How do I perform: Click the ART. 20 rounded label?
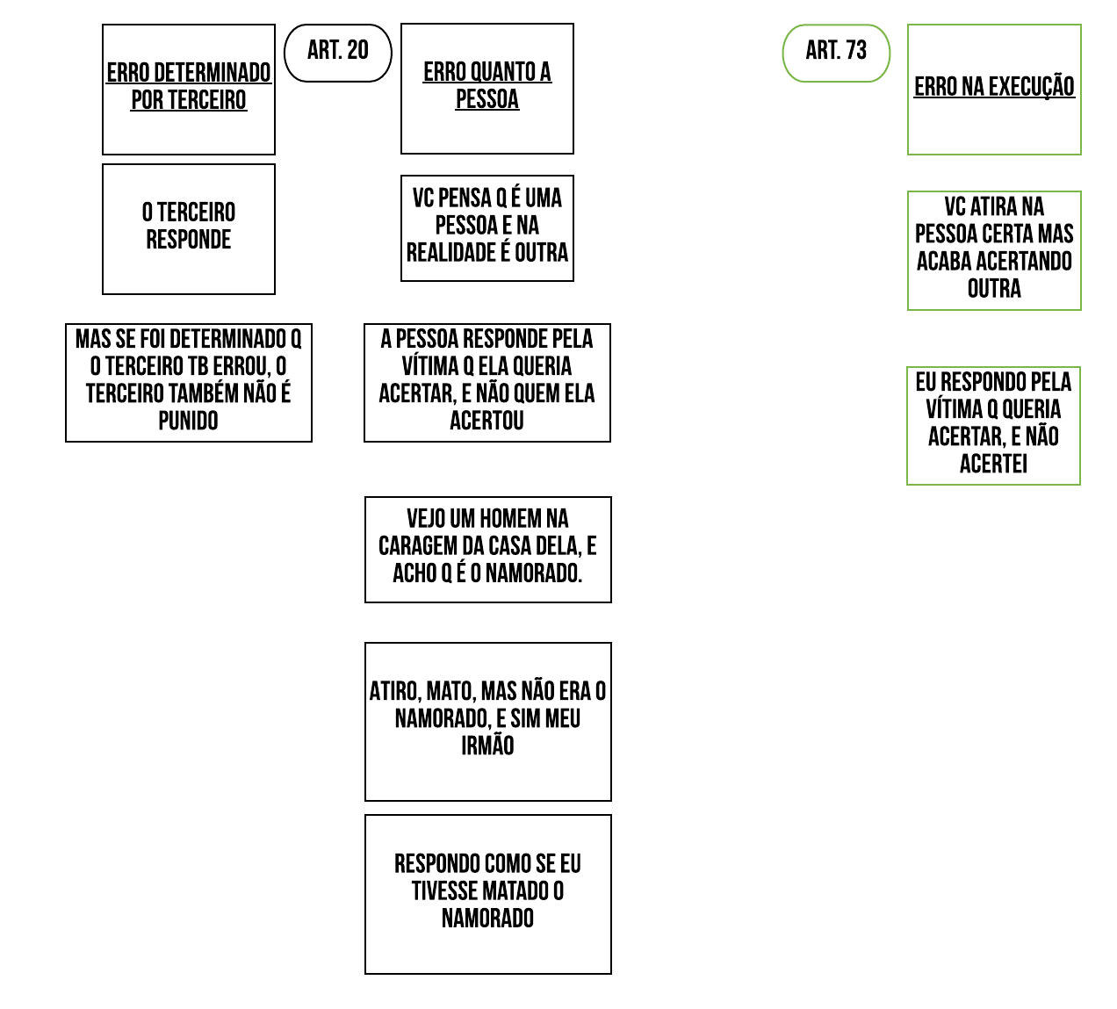coord(338,53)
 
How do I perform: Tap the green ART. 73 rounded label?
coord(836,53)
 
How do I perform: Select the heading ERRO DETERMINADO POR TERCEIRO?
coord(189,86)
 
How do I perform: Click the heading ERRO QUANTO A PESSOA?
coord(487,85)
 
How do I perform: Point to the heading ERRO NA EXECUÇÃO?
coord(994,87)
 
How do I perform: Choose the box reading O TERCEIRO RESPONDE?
coord(189,227)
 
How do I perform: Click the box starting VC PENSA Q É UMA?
coord(487,227)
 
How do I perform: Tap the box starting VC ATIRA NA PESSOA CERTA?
coord(994,249)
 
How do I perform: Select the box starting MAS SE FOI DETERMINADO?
coord(189,381)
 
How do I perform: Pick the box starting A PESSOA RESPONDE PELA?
coord(487,381)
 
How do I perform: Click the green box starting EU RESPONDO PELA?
coord(993,424)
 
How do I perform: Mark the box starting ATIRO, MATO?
coord(487,720)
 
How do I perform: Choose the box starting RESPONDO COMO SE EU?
coord(487,892)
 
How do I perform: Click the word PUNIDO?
coord(188,422)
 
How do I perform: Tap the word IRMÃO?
coord(487,746)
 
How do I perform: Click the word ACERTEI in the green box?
coord(993,465)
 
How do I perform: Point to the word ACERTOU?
coord(486,422)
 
